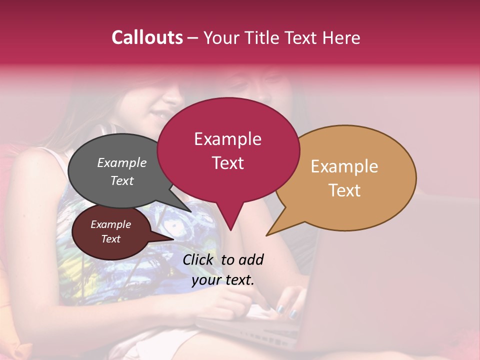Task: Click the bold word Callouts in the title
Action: pos(147,37)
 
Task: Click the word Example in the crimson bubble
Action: pos(227,138)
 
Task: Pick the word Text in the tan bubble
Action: pos(344,190)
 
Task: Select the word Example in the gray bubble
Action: pos(121,162)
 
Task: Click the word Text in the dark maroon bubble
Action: pos(110,239)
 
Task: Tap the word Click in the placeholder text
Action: pos(198,259)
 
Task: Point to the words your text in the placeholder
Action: pos(223,280)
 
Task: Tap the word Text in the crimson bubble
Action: pos(227,163)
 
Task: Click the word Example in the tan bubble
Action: pos(344,166)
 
